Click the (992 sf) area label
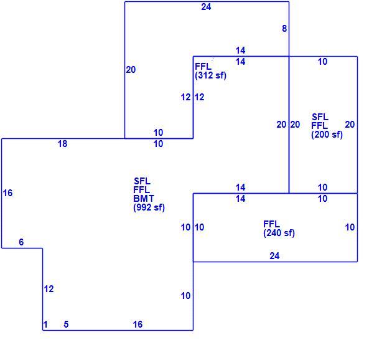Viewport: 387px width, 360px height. [149, 207]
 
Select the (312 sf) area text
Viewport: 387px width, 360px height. [210, 75]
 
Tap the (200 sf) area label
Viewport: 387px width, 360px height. [327, 135]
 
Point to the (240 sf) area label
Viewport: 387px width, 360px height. [279, 233]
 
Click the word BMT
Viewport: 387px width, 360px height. [144, 199]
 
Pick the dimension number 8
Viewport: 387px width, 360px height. [284, 29]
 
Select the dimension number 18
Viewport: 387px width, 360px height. [62, 144]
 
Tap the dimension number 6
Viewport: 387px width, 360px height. [21, 242]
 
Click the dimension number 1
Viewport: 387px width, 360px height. [45, 324]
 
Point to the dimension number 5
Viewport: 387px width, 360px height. [66, 324]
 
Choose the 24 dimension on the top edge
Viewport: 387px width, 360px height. [206, 7]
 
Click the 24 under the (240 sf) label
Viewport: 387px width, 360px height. [274, 256]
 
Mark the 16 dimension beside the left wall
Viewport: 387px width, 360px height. [7, 193]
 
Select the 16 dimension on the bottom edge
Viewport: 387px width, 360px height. [138, 324]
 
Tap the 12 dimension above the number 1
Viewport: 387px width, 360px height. [49, 289]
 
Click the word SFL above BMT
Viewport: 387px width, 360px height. [142, 181]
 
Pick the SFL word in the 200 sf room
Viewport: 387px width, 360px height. [320, 117]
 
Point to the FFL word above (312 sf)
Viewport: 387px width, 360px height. [203, 67]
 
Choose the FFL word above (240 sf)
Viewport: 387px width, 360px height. [271, 224]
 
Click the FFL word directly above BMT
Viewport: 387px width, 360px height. [142, 190]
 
